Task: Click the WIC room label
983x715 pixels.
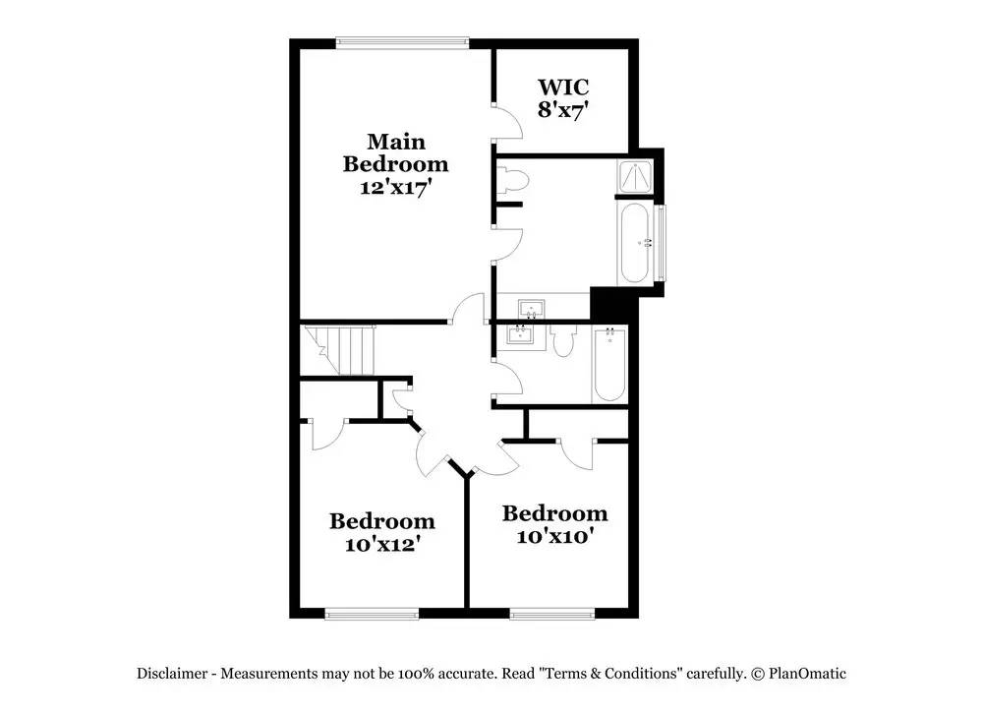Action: point(563,86)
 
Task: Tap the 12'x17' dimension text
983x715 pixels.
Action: point(396,187)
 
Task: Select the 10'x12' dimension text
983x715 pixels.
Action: point(381,544)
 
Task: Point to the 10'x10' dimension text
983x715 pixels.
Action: point(554,536)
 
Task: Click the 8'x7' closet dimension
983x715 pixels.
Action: point(563,109)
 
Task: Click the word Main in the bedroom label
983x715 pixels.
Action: point(395,142)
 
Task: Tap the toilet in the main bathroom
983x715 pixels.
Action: point(513,181)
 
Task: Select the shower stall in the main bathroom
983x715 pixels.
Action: point(636,177)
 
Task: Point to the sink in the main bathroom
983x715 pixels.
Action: point(532,309)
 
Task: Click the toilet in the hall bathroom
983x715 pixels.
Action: point(563,340)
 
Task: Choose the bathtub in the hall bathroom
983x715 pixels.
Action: point(609,364)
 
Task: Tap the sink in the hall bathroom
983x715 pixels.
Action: point(520,333)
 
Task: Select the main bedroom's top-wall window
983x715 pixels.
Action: point(402,42)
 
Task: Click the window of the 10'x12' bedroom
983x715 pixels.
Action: point(372,614)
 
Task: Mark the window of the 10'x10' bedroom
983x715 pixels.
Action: point(552,614)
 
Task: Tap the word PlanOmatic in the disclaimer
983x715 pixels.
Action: point(807,675)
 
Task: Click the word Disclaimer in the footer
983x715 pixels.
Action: point(172,675)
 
